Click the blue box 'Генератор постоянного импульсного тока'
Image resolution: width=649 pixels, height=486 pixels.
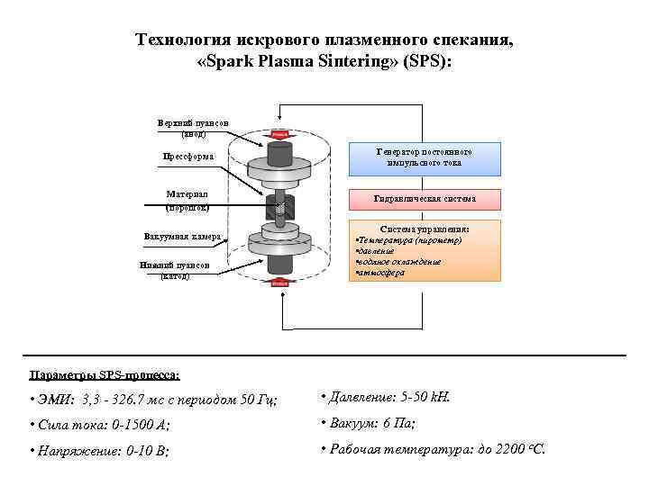(424, 157)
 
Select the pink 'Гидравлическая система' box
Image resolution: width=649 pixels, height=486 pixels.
(424, 198)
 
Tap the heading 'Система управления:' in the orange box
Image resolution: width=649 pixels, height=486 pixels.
(425, 229)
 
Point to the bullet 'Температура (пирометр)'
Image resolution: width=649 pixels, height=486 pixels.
(410, 240)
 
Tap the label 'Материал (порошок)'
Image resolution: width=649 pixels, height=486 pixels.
(187, 200)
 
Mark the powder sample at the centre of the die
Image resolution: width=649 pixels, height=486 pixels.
(279, 208)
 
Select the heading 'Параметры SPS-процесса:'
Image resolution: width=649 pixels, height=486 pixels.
(105, 373)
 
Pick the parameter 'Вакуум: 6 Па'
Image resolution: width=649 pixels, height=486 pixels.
(369, 423)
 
